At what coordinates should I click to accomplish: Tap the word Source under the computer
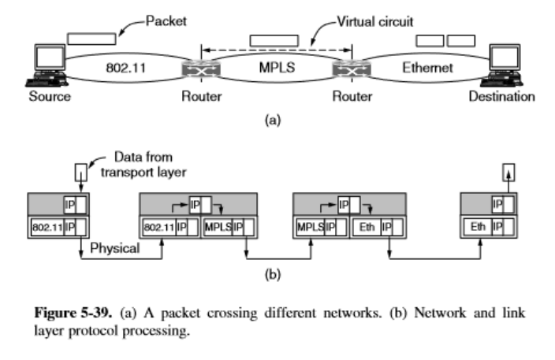click(x=49, y=98)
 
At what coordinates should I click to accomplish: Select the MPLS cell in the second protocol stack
click(x=217, y=228)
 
